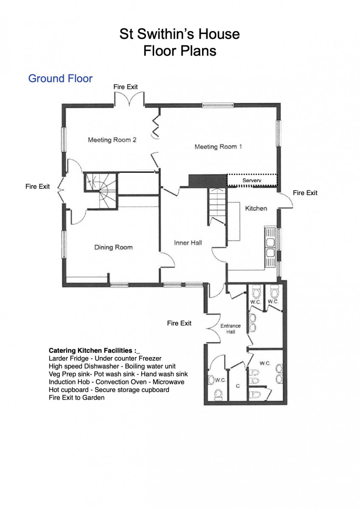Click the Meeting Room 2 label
pos(112,140)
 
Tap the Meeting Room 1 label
pos(218,147)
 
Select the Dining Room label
pos(113,247)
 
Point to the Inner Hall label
pos(188,243)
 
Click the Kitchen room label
pos(256,208)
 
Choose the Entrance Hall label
pos(231,329)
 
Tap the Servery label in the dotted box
pos(252,180)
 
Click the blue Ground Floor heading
pos(60,78)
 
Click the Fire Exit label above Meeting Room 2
pos(126,87)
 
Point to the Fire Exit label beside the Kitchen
pos(305,193)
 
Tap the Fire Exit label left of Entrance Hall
pos(179,323)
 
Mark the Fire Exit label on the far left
pos(37,187)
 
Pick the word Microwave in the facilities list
pos(168,382)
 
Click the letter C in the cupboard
pos(238,386)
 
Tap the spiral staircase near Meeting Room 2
pos(101,190)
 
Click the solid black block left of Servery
pos(208,181)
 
